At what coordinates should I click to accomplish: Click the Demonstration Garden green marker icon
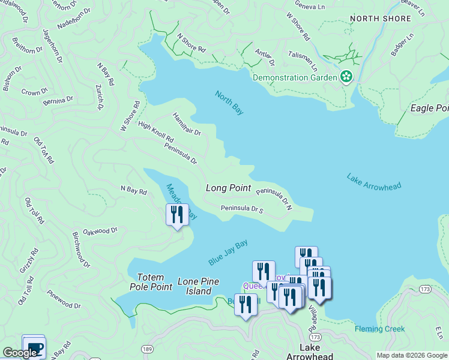pos(346,77)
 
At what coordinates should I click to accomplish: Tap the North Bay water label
pos(230,103)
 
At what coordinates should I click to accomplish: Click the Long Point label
pos(228,188)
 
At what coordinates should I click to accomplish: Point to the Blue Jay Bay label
pos(228,253)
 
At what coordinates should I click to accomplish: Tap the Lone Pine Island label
pos(198,286)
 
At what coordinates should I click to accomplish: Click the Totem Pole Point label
pos(155,282)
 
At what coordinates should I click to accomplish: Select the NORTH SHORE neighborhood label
pos(381,19)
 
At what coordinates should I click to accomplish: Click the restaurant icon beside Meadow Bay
pos(177,214)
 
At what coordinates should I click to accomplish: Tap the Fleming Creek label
pos(379,329)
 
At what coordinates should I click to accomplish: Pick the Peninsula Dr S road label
pos(242,209)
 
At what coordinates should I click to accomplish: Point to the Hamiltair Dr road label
pos(187,124)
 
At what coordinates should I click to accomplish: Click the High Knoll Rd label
pos(155,133)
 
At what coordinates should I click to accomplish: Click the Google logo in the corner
pos(19,353)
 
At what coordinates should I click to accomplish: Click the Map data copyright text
pos(412,355)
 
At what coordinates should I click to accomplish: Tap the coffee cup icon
pos(34,347)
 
